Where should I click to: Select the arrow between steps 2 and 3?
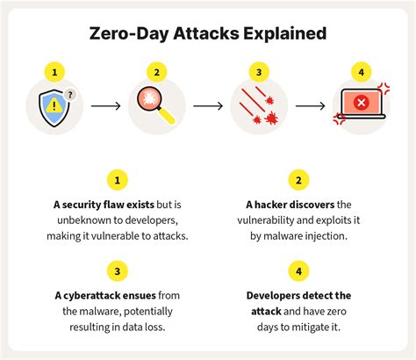[208, 106]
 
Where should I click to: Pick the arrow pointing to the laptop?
[310, 106]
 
